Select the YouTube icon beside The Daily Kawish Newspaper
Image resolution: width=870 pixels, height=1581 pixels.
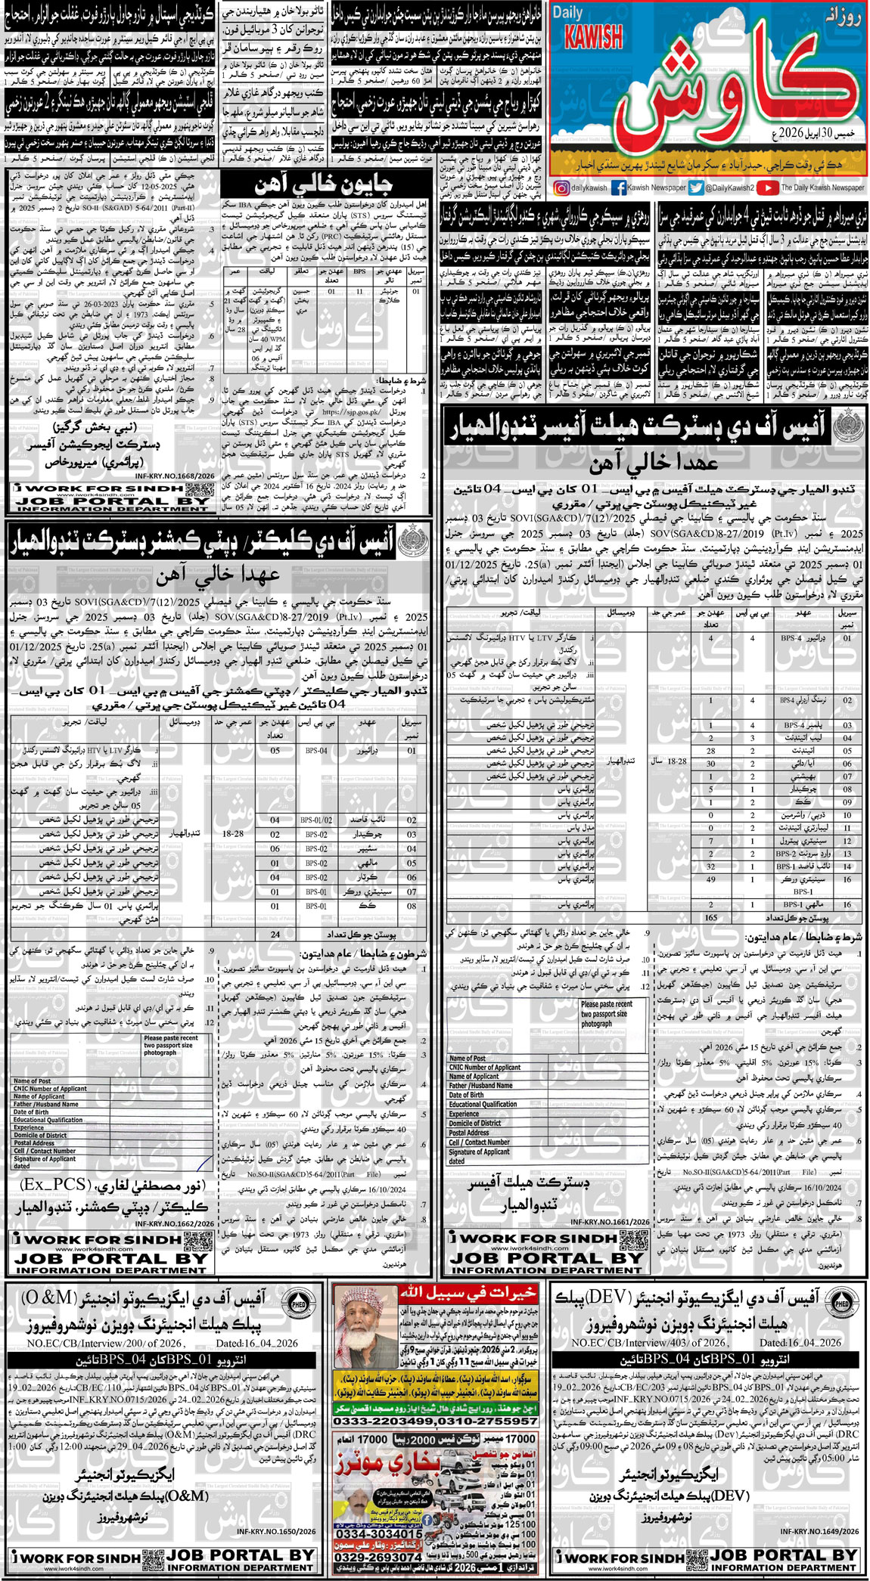(x=767, y=188)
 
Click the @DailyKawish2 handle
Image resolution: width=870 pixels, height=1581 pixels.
(x=731, y=188)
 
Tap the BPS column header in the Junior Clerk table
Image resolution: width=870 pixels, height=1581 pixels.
(x=359, y=271)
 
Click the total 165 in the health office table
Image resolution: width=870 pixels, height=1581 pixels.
(x=710, y=917)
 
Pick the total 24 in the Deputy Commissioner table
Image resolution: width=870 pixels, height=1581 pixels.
(x=275, y=934)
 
